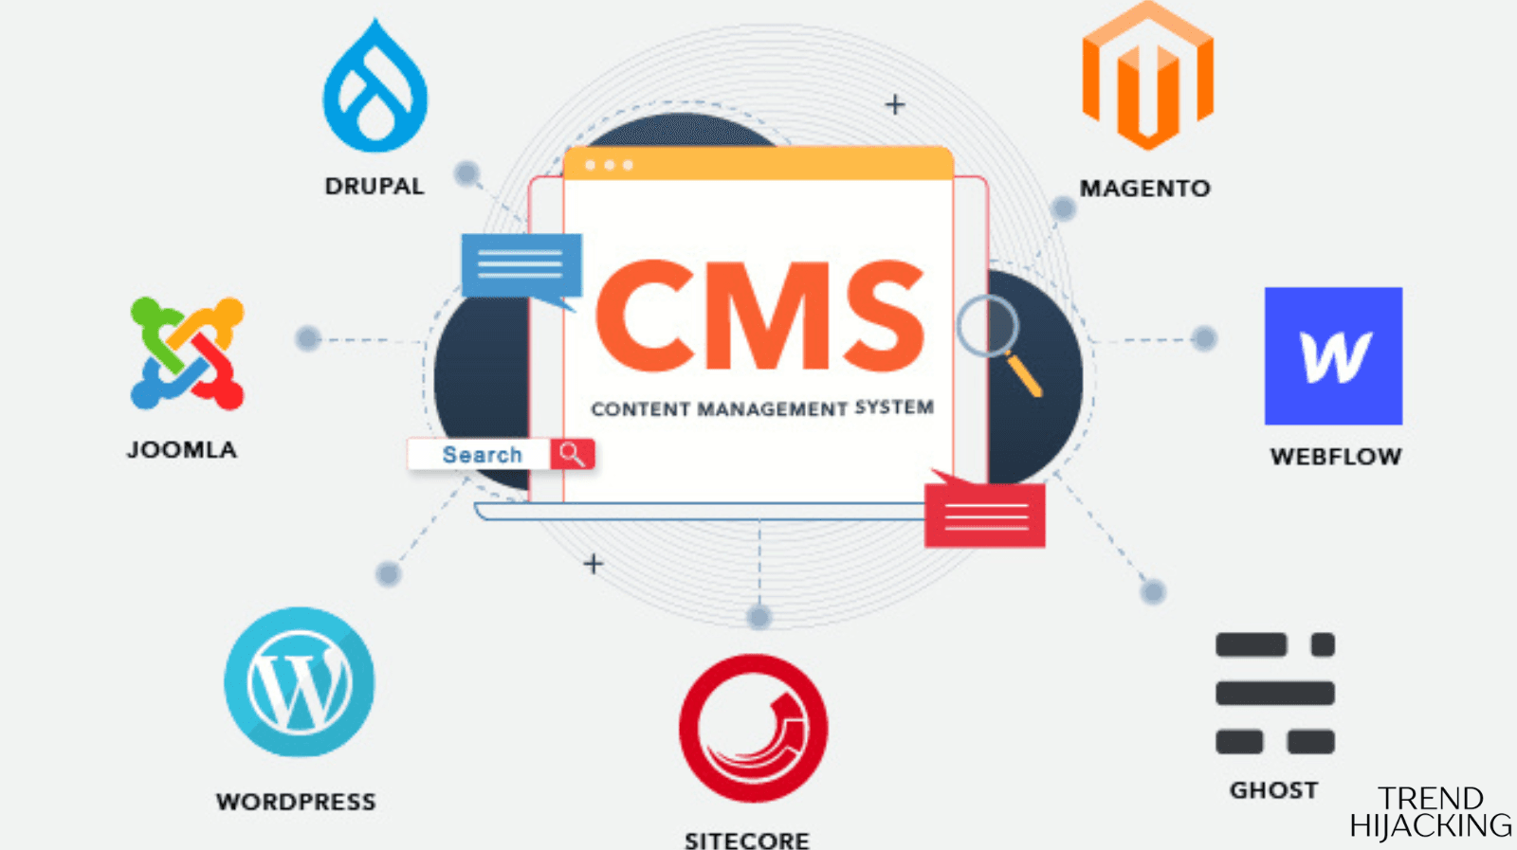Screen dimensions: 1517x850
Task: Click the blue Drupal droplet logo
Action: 375,90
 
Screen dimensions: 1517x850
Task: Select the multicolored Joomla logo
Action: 187,353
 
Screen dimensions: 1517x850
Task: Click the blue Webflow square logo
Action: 1333,356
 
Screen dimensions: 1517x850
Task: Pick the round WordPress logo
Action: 299,682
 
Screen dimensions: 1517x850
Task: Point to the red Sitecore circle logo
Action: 753,728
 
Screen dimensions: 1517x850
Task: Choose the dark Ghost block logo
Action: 1274,694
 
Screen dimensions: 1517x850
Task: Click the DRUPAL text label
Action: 375,187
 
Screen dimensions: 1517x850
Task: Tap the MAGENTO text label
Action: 1144,189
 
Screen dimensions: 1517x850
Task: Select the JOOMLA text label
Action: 182,450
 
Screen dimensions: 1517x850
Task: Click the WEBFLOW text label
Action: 1335,457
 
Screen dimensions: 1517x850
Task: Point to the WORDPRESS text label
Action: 296,803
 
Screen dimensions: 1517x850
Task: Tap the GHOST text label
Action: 1273,790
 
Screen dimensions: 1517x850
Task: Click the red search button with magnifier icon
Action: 573,454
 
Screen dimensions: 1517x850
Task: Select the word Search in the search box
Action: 482,455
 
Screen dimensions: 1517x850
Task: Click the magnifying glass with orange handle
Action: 997,343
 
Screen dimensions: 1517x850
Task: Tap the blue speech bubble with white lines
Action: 521,266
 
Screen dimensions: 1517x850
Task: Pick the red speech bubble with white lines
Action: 985,515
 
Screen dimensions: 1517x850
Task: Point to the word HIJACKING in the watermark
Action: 1430,825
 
